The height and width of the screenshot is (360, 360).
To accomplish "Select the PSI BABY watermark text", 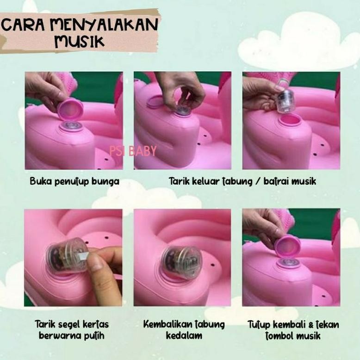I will pyautogui.click(x=134, y=150).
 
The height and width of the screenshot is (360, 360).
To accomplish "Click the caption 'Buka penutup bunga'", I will pyautogui.click(x=74, y=181).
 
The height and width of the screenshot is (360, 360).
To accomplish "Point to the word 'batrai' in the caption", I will pyautogui.click(x=275, y=181).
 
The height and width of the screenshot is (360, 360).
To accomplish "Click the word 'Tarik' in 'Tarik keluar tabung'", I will pyautogui.click(x=180, y=181).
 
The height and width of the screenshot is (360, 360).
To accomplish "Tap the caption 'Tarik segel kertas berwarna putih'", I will pyautogui.click(x=72, y=329).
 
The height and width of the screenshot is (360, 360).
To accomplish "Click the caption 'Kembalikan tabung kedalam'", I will pyautogui.click(x=184, y=329).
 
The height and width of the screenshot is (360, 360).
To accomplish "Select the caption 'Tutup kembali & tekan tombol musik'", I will pyautogui.click(x=293, y=329).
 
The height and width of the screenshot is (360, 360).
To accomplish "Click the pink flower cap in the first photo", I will pyautogui.click(x=70, y=109).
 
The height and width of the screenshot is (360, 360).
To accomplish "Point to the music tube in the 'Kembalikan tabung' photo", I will pyautogui.click(x=181, y=261).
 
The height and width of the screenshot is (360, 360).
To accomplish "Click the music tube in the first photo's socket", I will pyautogui.click(x=72, y=126).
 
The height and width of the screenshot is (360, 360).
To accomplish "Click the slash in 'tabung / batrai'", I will pyautogui.click(x=256, y=181).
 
